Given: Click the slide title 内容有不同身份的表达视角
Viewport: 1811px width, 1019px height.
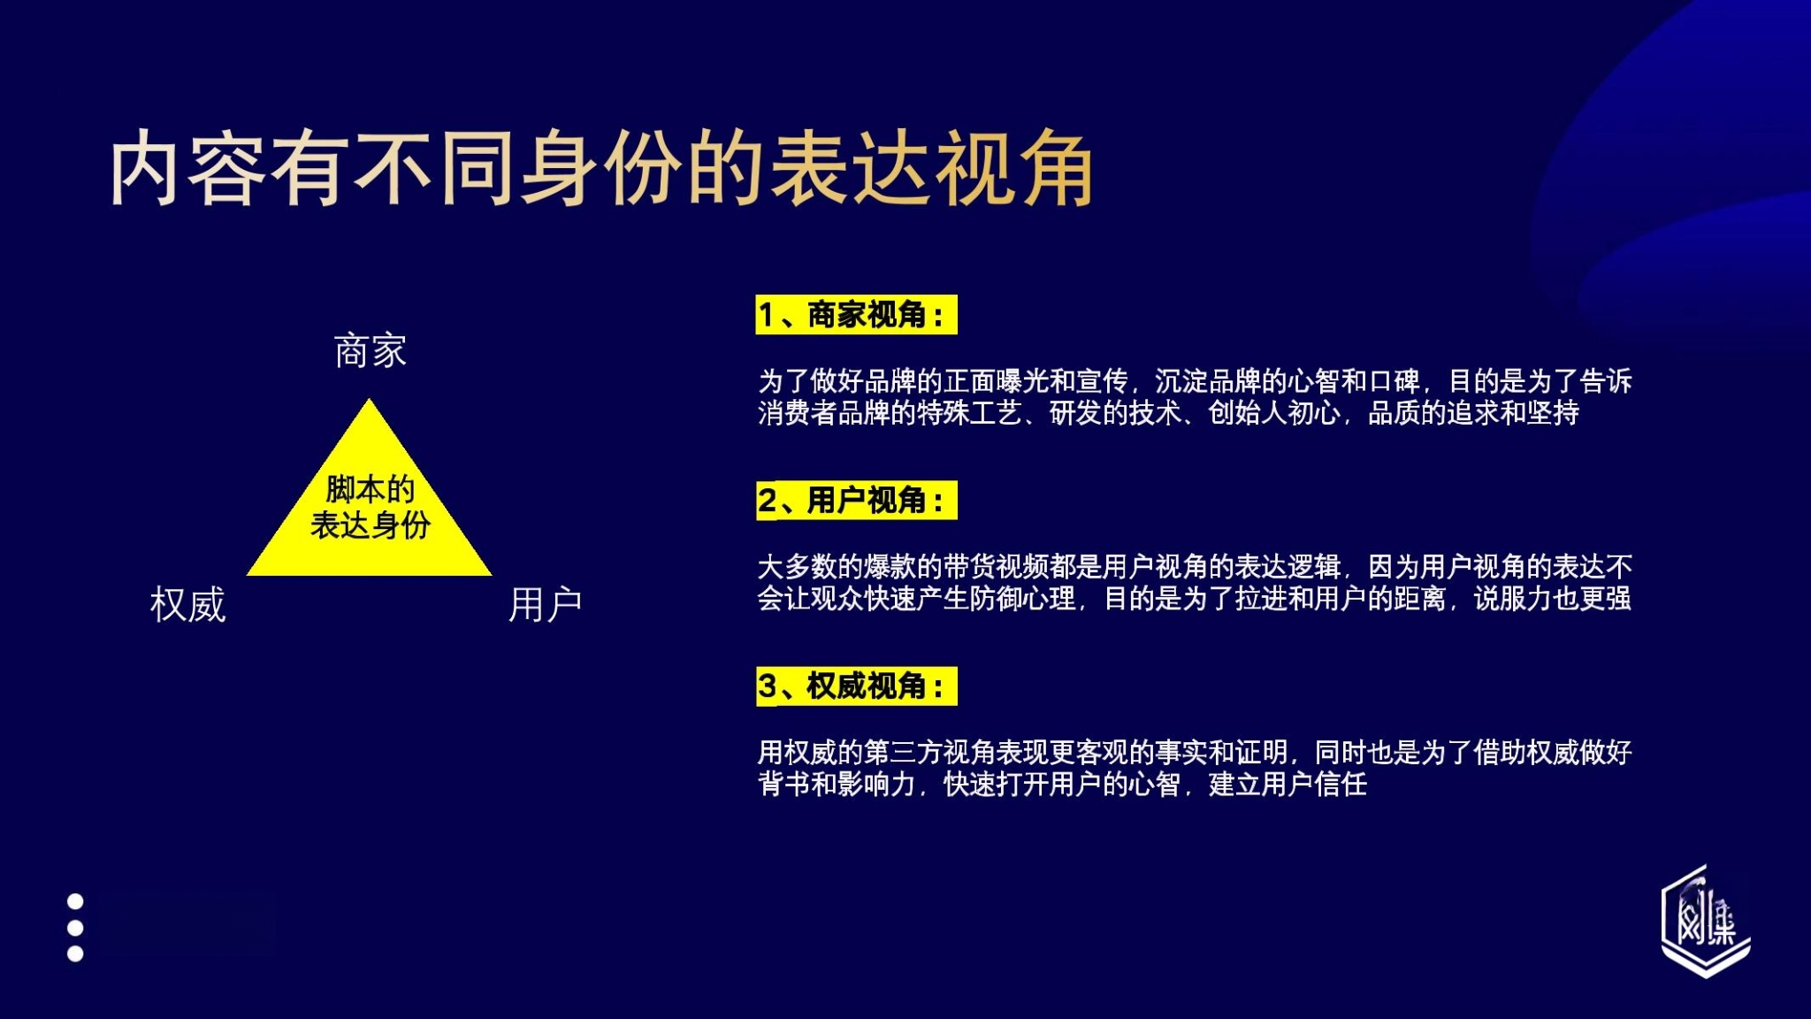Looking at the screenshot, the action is pyautogui.click(x=601, y=168).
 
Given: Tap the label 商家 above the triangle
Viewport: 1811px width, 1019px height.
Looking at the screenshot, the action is pyautogui.click(x=370, y=351).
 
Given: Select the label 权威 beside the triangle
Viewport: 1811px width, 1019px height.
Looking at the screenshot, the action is pyautogui.click(x=187, y=605).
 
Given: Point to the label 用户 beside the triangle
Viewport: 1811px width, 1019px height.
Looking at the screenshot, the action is pyautogui.click(x=545, y=605).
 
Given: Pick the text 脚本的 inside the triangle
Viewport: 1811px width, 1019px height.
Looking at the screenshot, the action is pyautogui.click(x=370, y=488).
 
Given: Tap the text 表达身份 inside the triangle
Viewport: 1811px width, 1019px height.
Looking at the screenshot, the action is pyautogui.click(x=370, y=525).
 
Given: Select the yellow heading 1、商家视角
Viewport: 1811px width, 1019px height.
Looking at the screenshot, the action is pyautogui.click(x=856, y=315).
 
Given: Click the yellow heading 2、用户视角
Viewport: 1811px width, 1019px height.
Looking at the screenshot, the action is pyautogui.click(x=856, y=501).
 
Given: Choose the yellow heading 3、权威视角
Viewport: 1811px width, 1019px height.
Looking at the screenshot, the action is pyautogui.click(x=856, y=686).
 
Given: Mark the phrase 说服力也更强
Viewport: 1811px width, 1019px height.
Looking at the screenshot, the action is pyautogui.click(x=1552, y=599).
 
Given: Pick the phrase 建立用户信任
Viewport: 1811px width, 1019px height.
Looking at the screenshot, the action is pyautogui.click(x=1288, y=785).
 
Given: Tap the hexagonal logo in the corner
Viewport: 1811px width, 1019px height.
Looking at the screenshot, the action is pyautogui.click(x=1706, y=922).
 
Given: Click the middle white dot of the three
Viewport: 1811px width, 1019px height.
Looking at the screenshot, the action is pyautogui.click(x=75, y=928).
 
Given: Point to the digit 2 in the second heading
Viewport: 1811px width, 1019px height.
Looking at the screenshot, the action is pyautogui.click(x=767, y=501).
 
